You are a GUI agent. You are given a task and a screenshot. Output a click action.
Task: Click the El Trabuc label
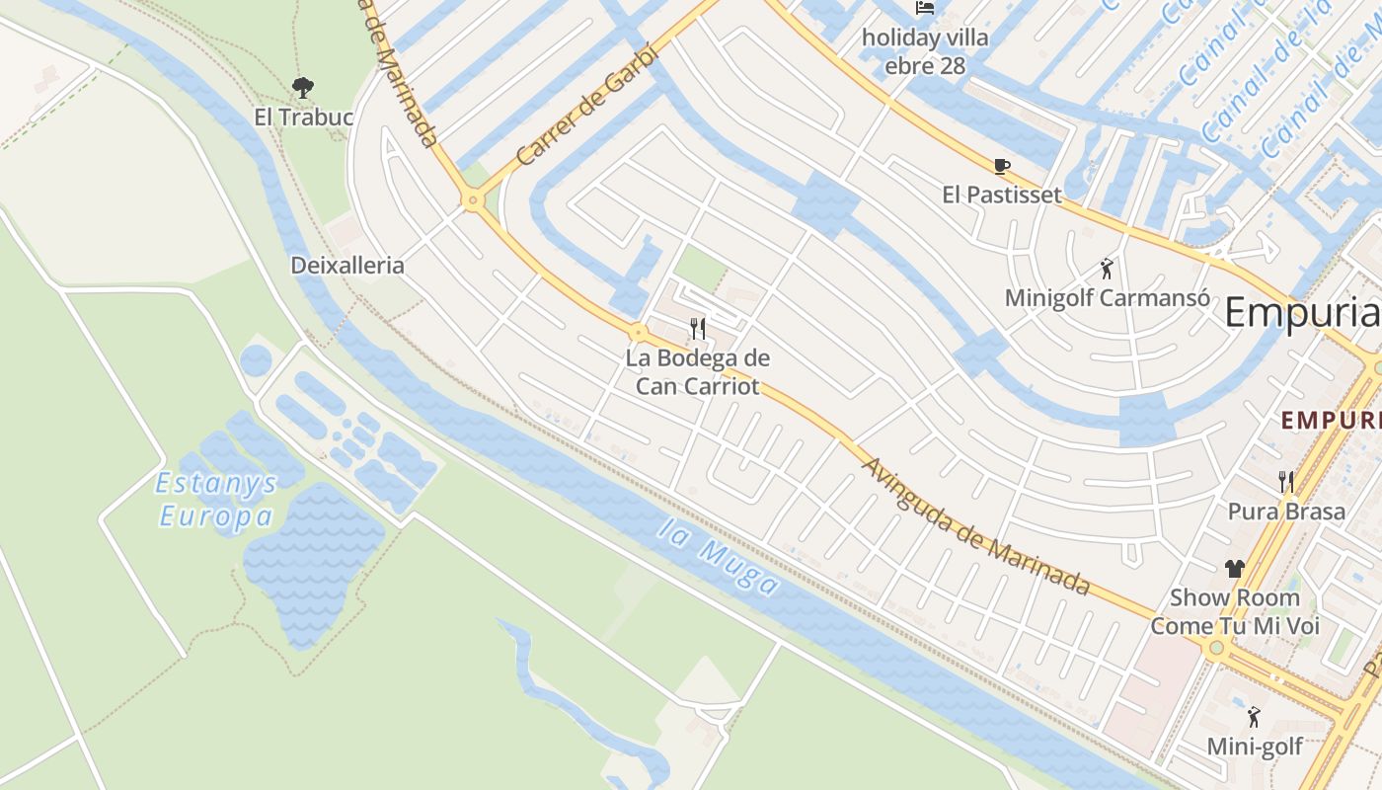click(x=303, y=118)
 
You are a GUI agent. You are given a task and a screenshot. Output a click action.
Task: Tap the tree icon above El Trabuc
click(x=303, y=87)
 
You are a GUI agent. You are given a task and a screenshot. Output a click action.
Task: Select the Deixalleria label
click(x=347, y=266)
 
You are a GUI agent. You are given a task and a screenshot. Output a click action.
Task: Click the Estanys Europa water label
click(x=217, y=501)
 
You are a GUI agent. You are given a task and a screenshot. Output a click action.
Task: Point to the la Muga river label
click(x=719, y=558)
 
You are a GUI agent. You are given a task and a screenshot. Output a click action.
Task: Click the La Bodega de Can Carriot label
click(x=698, y=371)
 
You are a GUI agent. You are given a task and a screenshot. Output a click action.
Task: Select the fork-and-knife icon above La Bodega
click(x=698, y=328)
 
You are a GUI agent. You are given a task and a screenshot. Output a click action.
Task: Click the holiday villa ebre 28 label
click(x=925, y=52)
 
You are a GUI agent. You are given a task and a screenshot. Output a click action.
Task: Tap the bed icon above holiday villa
click(x=925, y=8)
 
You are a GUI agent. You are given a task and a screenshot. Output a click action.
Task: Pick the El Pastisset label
click(x=1002, y=195)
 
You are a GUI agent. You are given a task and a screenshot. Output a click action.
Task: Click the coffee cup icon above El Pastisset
click(x=1002, y=166)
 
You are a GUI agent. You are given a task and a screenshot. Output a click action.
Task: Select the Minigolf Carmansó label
click(x=1107, y=297)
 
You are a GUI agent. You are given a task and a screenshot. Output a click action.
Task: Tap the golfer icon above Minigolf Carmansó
click(x=1107, y=268)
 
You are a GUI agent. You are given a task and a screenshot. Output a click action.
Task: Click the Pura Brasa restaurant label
click(x=1286, y=512)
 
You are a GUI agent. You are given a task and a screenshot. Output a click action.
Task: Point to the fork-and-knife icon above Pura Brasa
click(x=1286, y=482)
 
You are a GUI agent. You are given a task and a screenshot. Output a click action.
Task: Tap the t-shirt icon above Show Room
click(x=1235, y=569)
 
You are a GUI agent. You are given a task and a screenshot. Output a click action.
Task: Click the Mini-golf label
click(x=1255, y=747)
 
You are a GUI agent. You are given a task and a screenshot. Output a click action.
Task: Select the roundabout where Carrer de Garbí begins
click(x=474, y=201)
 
